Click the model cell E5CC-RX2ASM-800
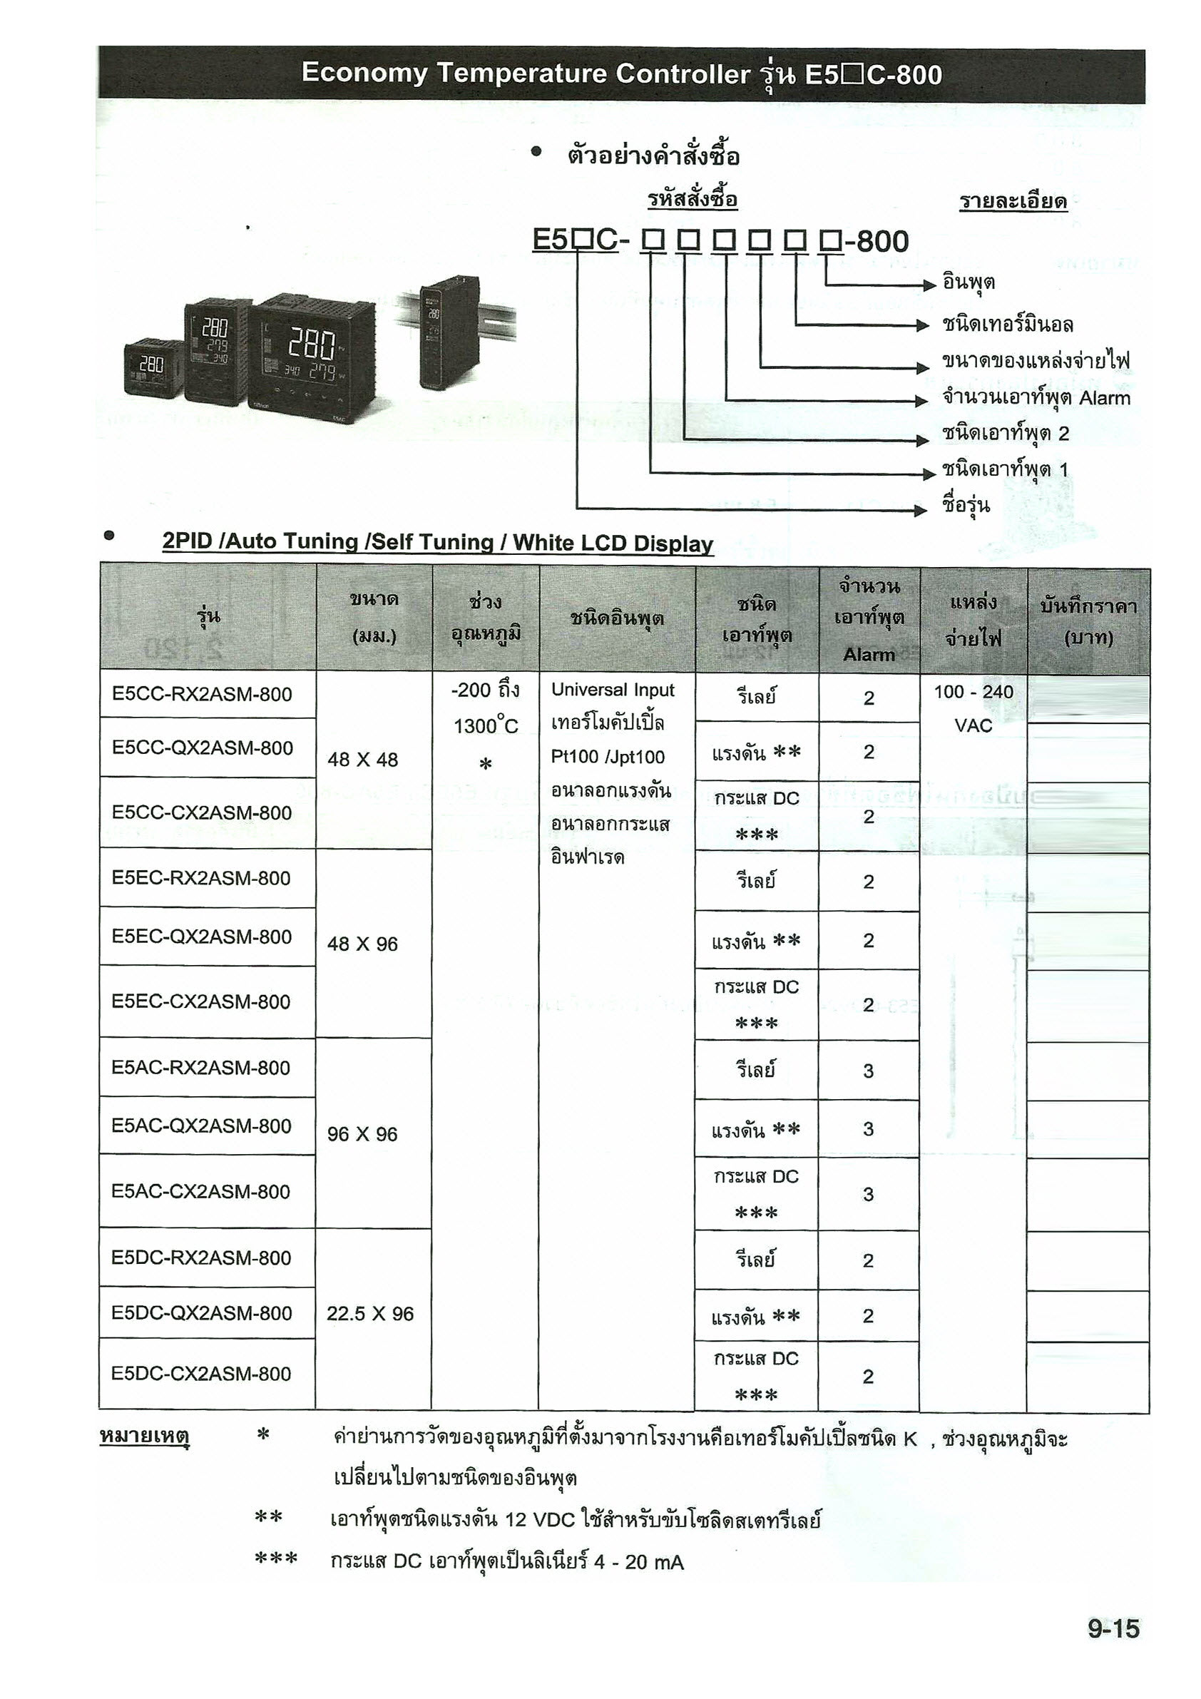coord(202,694)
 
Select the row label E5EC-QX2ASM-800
coord(202,937)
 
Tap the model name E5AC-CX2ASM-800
coord(201,1191)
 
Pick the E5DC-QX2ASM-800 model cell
coord(201,1312)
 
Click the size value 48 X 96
coord(362,944)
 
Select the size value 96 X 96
coord(362,1133)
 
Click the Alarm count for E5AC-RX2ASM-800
coord(868,1071)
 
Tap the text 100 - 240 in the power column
coord(973,692)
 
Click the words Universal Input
coord(613,690)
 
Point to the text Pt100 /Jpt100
coord(608,756)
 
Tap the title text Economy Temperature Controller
coord(526,73)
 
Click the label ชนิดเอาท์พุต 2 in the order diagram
coord(1005,434)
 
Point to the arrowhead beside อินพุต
coord(929,285)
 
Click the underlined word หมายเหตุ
coord(144,1437)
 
